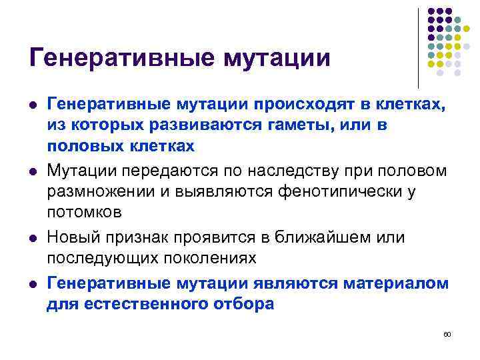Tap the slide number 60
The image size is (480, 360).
coord(447,333)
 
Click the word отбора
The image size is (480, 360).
coord(242,305)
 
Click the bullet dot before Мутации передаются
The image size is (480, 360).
coord(33,171)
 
